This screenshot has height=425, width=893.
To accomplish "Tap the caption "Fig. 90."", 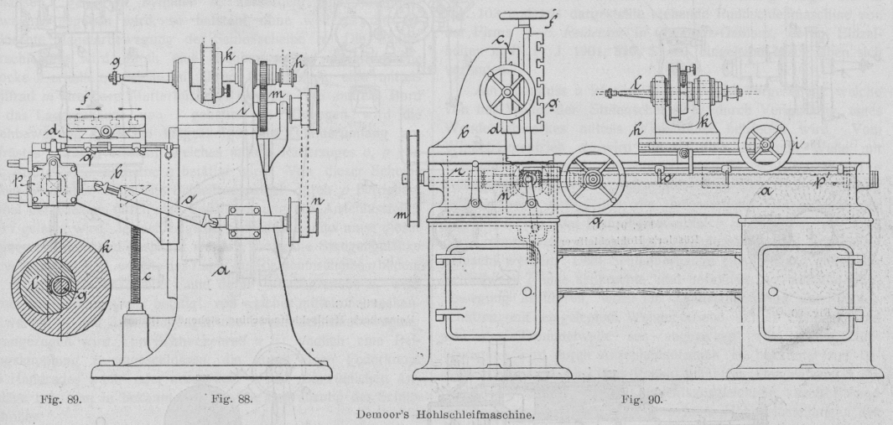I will click(645, 399).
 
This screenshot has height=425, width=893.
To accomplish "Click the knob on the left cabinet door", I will click(527, 291).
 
